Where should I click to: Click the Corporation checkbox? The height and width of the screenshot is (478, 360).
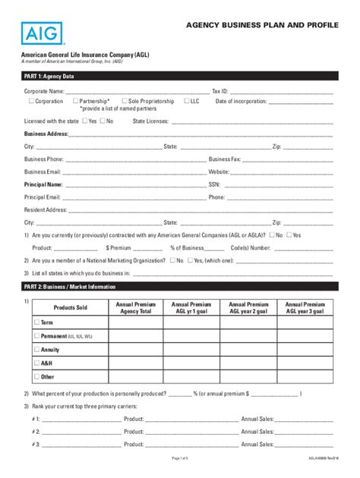[31, 101]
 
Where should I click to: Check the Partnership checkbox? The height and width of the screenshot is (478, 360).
[75, 101]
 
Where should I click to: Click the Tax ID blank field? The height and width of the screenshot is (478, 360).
[282, 92]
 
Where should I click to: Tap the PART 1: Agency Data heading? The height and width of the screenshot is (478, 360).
[49, 77]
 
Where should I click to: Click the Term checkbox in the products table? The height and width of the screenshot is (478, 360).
[36, 322]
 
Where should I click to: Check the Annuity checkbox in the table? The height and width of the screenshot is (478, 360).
[36, 350]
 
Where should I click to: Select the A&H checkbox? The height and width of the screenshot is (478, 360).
[36, 363]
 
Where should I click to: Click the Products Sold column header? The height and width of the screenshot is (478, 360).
[71, 307]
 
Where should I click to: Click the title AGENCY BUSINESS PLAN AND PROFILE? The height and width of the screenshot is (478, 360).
[263, 25]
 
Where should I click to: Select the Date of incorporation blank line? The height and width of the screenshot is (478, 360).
[301, 102]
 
